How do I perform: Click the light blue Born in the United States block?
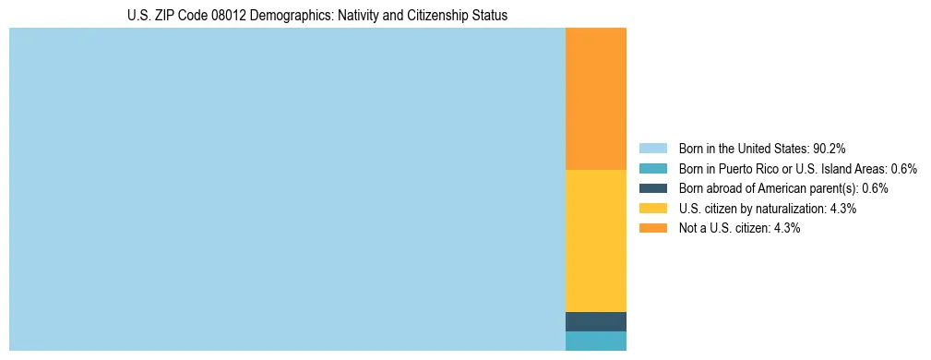tap(286, 189)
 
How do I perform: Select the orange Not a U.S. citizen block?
tap(595, 99)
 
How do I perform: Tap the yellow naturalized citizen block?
tap(595, 241)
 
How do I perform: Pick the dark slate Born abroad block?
tap(595, 321)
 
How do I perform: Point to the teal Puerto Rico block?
tap(595, 341)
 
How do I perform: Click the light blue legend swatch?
tap(652, 149)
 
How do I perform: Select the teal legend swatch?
tap(652, 169)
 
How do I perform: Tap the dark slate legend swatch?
tap(652, 188)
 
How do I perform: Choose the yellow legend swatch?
tap(652, 209)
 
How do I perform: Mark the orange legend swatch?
tap(652, 228)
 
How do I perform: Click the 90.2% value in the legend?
tap(830, 149)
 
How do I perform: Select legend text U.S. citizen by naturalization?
tap(753, 209)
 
